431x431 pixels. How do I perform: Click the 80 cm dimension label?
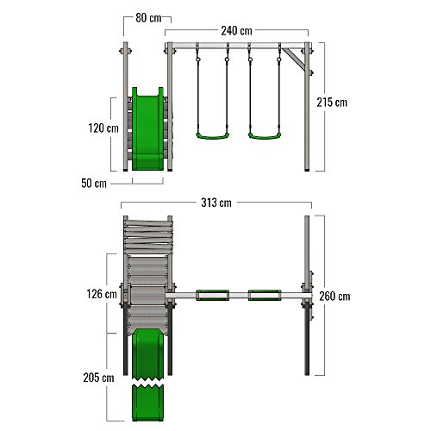tap(148, 18)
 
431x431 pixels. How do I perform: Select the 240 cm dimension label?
tap(236, 31)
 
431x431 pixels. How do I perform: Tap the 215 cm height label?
tap(332, 103)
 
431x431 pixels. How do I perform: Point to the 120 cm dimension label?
tap(103, 128)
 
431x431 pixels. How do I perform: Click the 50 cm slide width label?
tap(94, 183)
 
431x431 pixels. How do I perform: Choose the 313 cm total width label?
tap(216, 203)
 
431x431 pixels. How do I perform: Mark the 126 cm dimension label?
tap(102, 294)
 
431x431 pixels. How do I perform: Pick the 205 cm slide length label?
tap(98, 378)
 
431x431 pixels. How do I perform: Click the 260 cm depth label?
tap(334, 297)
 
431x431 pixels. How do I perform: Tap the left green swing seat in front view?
tap(213, 136)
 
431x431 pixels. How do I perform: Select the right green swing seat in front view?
tap(265, 136)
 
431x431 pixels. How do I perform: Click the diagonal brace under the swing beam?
tap(293, 59)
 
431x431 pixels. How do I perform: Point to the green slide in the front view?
tap(147, 128)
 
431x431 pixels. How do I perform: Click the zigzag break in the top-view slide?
tap(147, 383)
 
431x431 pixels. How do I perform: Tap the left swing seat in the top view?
tap(213, 296)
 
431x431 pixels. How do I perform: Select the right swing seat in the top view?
tap(265, 296)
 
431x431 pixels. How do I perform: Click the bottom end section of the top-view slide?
tap(147, 403)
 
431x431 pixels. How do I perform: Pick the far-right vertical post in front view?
tap(307, 107)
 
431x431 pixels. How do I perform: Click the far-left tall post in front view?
tap(126, 107)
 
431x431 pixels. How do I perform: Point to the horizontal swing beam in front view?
tap(238, 46)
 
